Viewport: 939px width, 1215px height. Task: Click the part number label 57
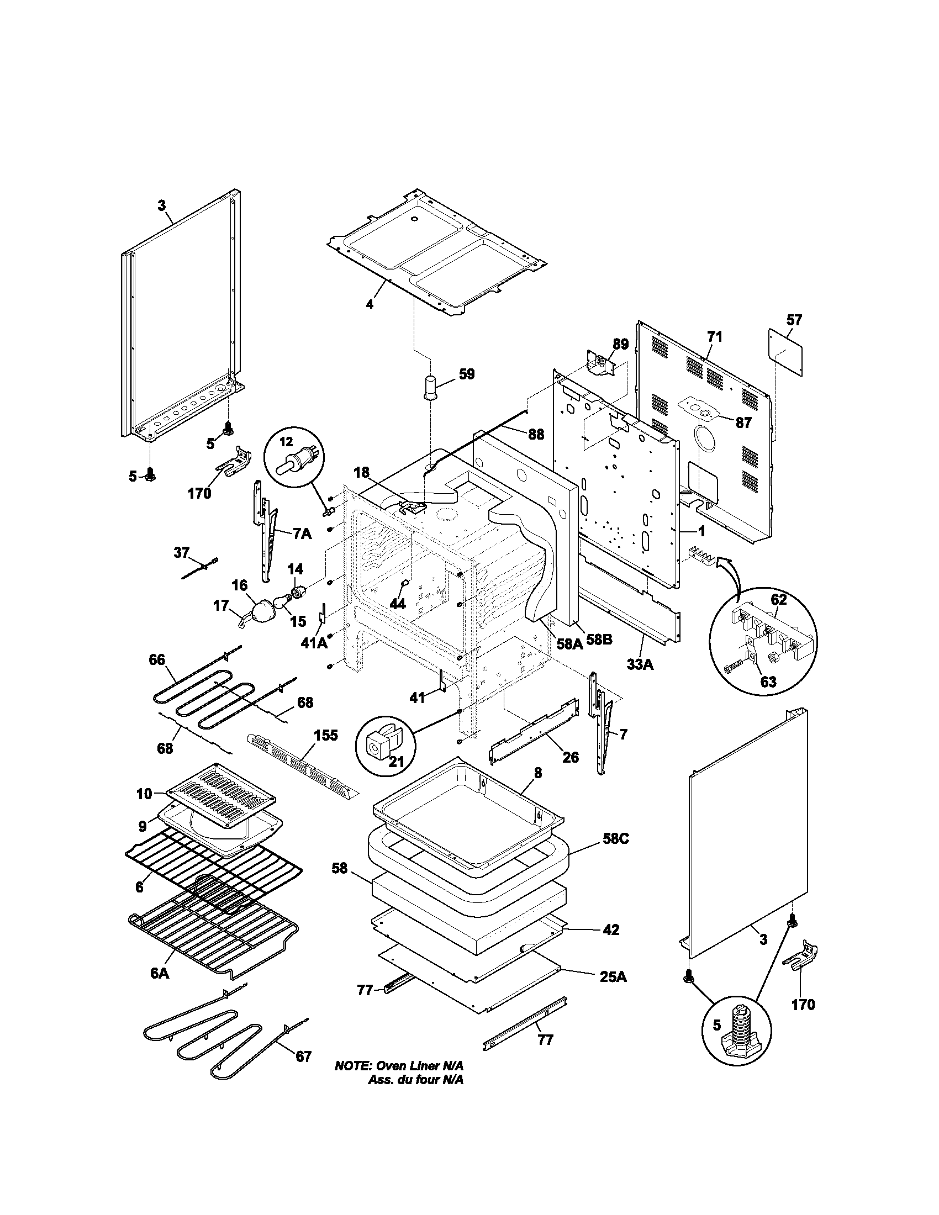coord(794,320)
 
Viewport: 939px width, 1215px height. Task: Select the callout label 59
coord(467,374)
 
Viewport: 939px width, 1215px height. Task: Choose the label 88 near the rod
coord(536,435)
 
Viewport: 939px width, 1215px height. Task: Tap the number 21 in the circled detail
coord(396,762)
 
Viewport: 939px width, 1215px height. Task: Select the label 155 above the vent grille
coord(326,735)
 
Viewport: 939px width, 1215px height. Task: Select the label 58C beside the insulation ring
coord(615,854)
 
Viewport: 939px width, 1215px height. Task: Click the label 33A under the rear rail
coord(640,664)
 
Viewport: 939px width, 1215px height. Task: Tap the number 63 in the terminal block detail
coord(768,682)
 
